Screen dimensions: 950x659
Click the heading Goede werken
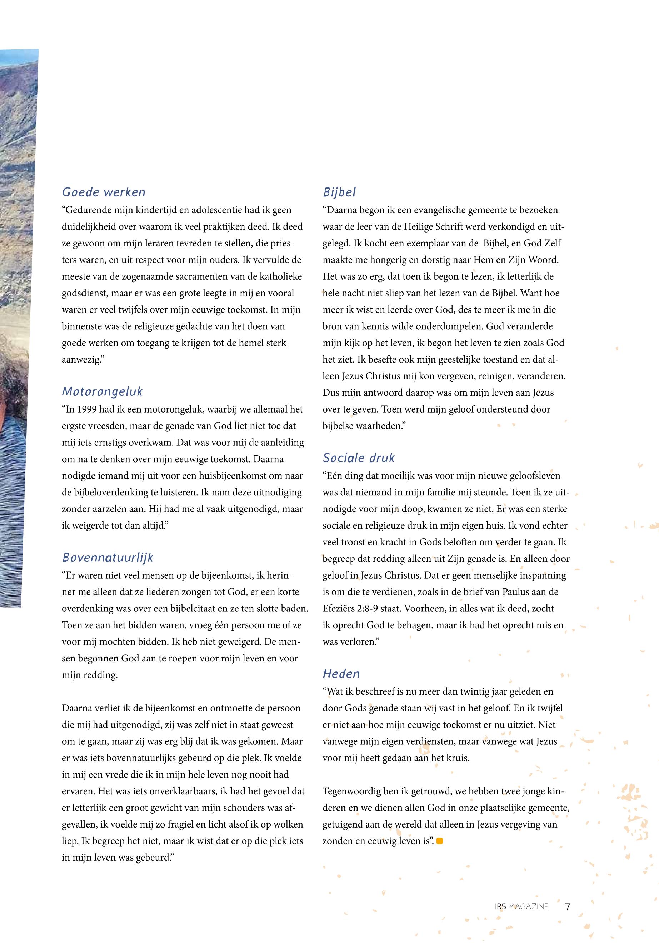104,192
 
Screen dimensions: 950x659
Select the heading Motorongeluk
102,391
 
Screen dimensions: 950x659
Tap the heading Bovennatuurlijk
108,558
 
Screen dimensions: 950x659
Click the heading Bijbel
339,192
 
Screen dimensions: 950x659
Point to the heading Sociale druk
358,458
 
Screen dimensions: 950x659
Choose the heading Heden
341,674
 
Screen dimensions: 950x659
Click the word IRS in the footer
500,907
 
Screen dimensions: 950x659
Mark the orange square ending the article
439,841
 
